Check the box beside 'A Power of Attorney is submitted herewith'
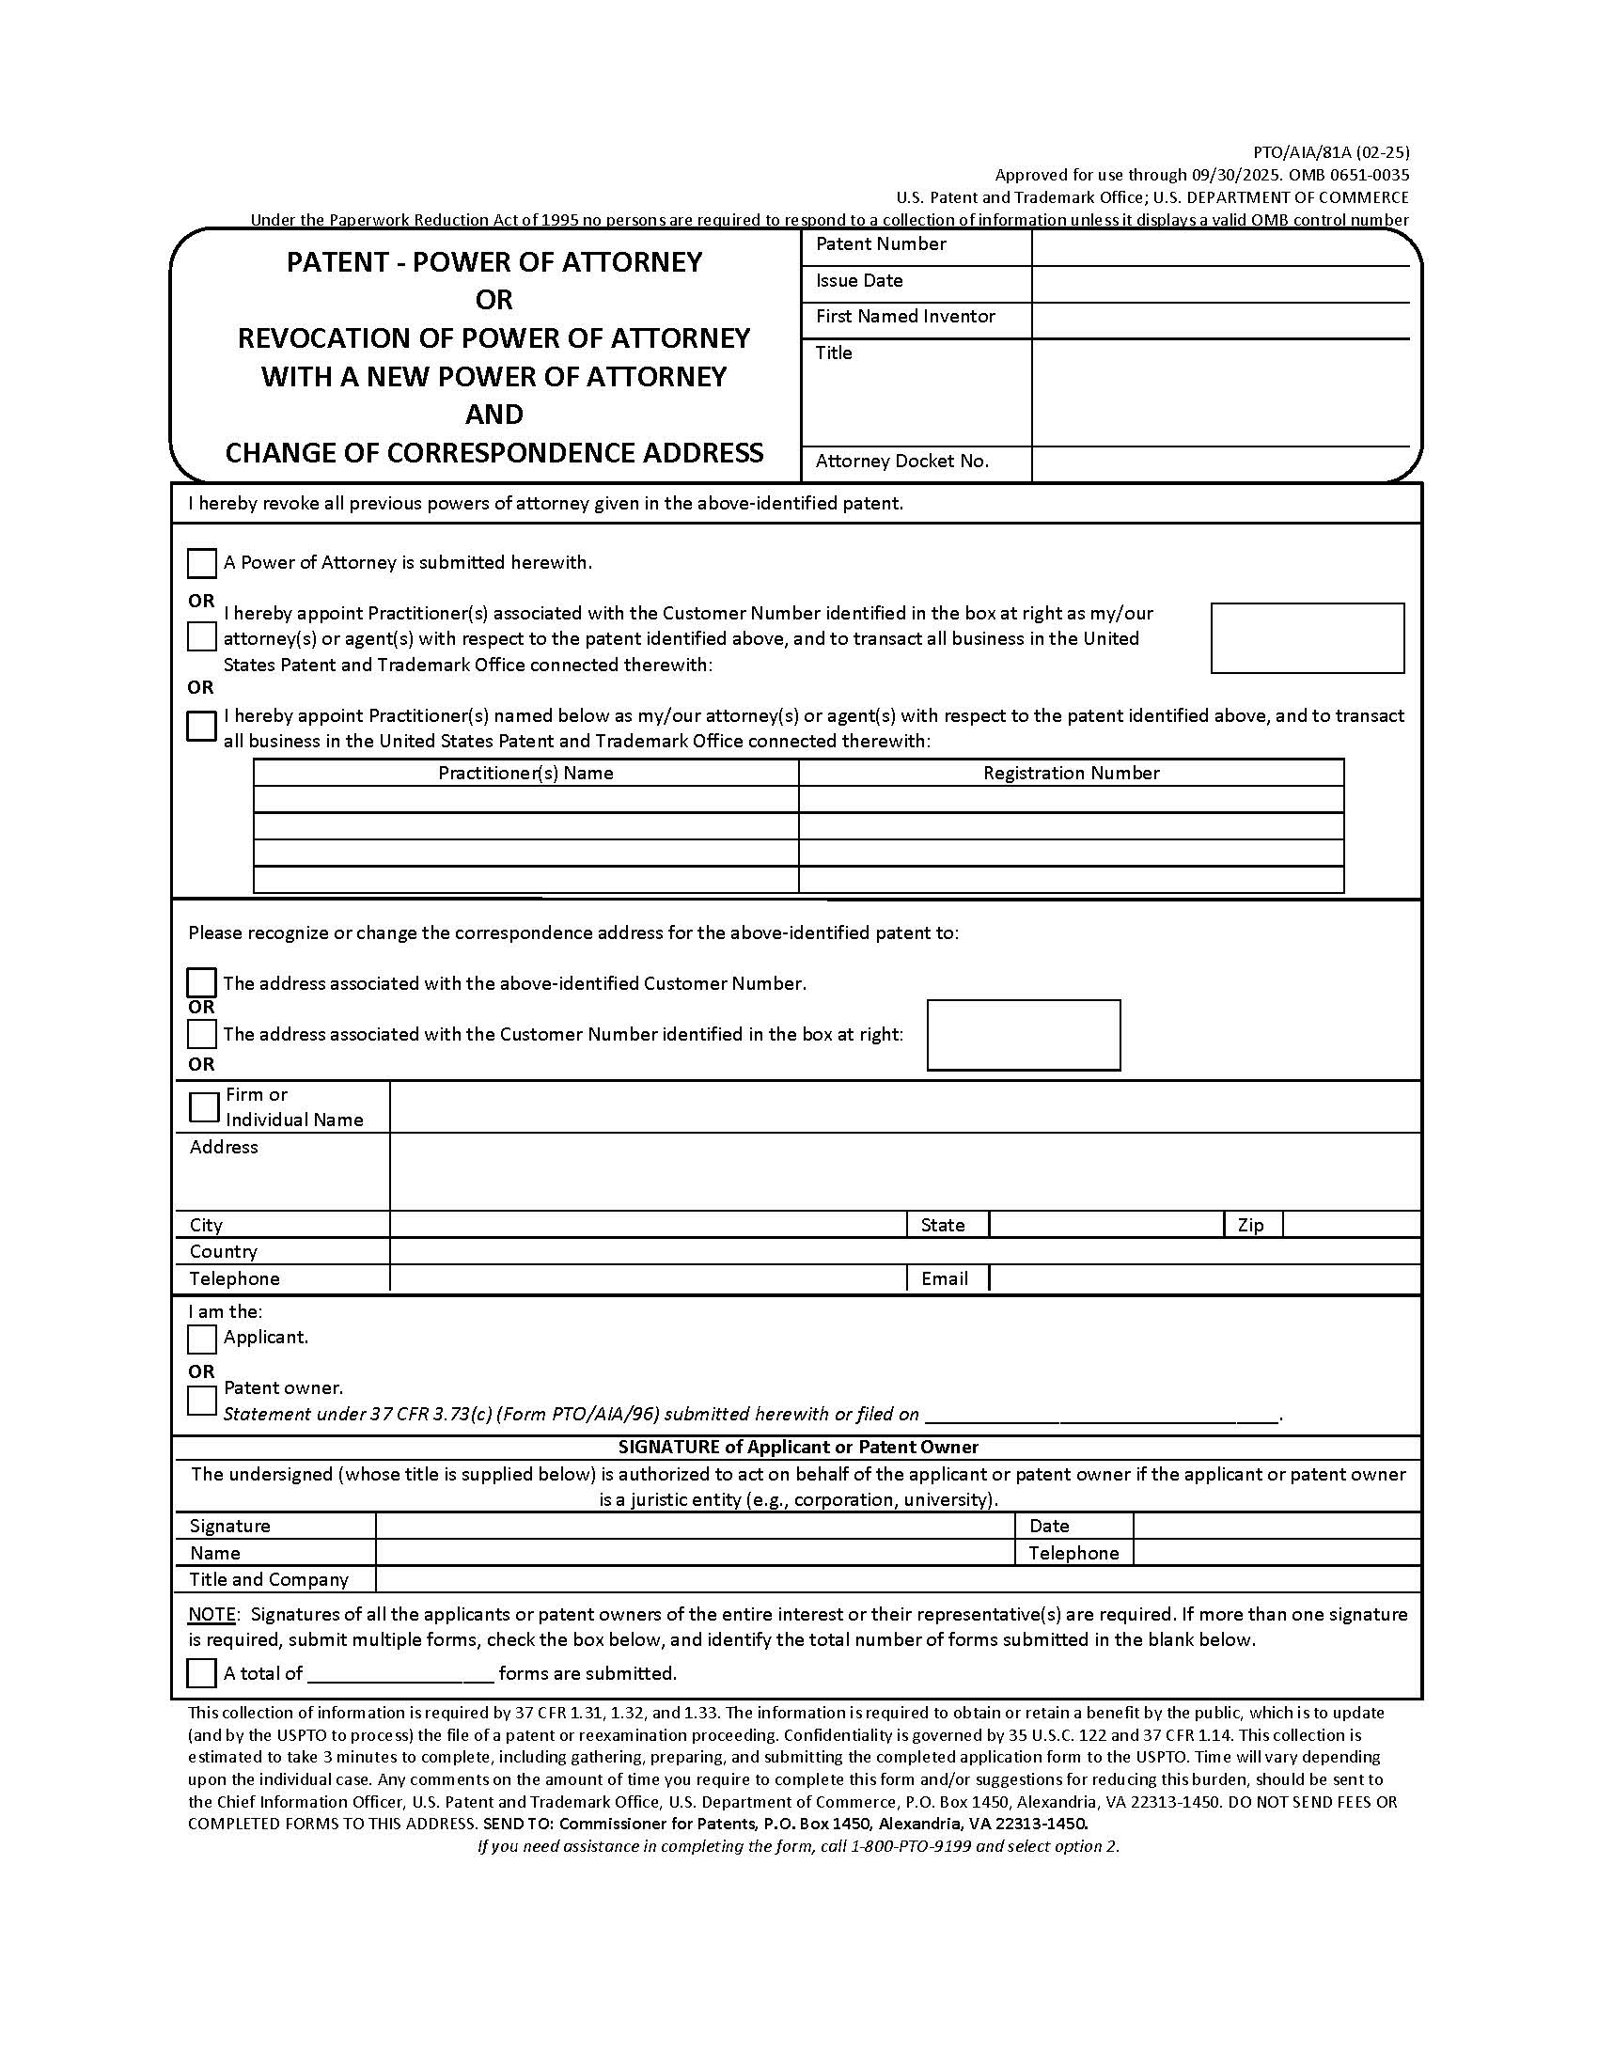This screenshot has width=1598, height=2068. click(x=201, y=563)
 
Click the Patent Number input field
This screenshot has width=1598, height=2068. click(x=1219, y=246)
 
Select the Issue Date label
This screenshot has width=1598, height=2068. click(x=858, y=281)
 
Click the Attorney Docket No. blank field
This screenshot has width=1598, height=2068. click(x=1219, y=462)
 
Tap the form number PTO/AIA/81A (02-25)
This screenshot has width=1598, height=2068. click(x=1330, y=151)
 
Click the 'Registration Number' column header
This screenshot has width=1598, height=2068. click(x=1071, y=773)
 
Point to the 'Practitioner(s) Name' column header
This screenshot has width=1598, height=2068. click(x=525, y=773)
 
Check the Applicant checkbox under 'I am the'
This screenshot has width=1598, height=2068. click(x=201, y=1339)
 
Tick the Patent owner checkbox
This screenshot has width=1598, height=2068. click(x=201, y=1401)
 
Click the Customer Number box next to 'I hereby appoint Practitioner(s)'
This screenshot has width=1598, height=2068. click(x=1307, y=638)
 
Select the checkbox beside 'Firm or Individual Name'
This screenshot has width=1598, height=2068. click(x=204, y=1106)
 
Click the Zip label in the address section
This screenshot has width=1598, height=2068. click(x=1249, y=1225)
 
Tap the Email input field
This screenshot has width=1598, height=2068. click(x=1202, y=1278)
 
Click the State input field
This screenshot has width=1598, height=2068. click(x=1105, y=1225)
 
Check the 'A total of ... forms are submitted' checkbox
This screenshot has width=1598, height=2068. click(x=201, y=1673)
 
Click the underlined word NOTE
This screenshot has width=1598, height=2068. click(x=213, y=1614)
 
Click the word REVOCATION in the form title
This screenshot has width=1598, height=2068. click(x=323, y=338)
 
